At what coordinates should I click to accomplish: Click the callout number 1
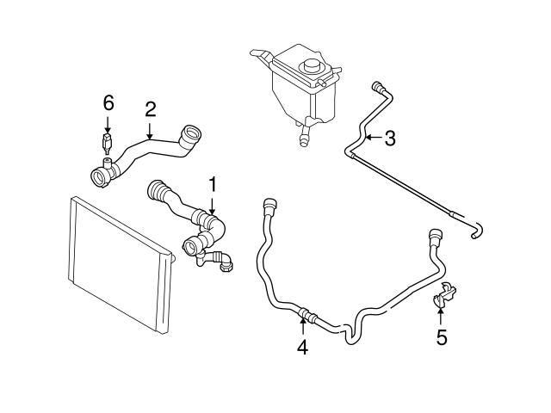[211, 183]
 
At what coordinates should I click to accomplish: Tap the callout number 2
[150, 109]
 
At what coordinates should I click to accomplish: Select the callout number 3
[389, 136]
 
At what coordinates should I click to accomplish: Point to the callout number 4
[302, 348]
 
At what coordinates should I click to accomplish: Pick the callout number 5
[442, 336]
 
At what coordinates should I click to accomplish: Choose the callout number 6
[108, 102]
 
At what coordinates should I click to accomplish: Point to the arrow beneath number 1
[211, 204]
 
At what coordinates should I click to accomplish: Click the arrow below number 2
[149, 130]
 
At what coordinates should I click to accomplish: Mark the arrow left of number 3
[371, 136]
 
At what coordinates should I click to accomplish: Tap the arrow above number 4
[302, 325]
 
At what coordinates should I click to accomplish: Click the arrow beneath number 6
[108, 122]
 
